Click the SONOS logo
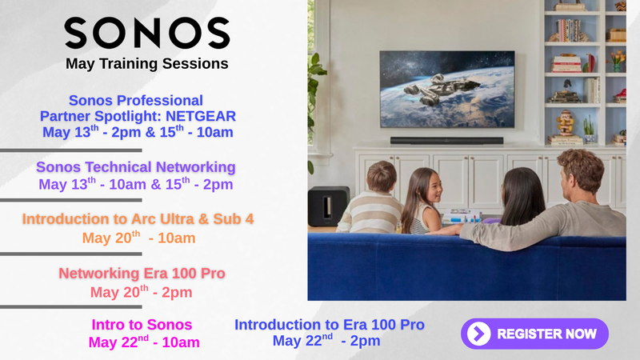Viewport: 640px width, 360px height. [147, 33]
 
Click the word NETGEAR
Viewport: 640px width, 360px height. [201, 116]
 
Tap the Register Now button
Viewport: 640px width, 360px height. [534, 334]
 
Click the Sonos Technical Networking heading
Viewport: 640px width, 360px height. [136, 167]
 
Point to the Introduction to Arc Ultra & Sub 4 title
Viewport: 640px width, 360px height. [138, 218]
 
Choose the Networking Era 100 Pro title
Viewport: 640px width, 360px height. [142, 273]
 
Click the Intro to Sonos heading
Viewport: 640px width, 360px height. [142, 325]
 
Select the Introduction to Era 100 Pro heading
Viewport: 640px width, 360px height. [330, 325]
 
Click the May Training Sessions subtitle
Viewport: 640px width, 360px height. [147, 64]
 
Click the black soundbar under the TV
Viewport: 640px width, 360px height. [446, 141]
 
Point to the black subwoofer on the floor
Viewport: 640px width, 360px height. [328, 206]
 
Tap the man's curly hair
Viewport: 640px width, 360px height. [582, 163]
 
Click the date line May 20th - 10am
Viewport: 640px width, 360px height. [138, 238]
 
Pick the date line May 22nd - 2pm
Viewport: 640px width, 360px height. [326, 340]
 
